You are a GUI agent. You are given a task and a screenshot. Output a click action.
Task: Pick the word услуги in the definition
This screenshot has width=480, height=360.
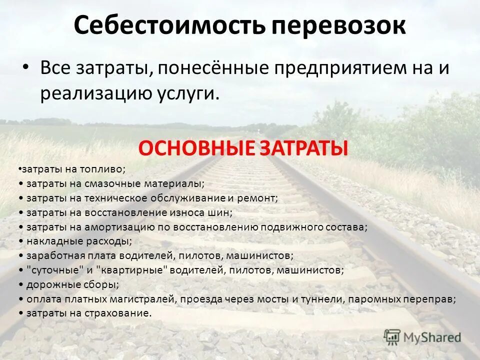190,94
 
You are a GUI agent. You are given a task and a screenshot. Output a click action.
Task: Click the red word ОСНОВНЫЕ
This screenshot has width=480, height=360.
197,148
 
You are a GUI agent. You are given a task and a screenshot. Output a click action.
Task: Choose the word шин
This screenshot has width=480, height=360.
222,213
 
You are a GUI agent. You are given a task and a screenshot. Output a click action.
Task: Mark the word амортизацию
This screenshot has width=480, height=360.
115,227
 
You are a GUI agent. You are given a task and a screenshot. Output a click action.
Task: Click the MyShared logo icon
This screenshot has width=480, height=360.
392,336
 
